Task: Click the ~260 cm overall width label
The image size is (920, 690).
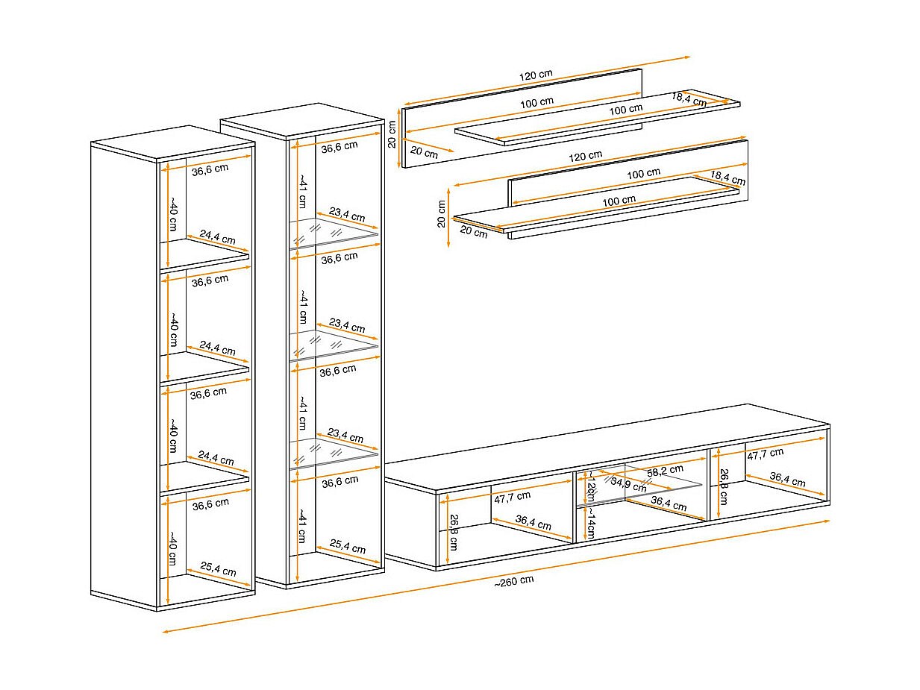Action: point(513,581)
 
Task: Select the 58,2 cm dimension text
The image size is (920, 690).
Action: point(665,469)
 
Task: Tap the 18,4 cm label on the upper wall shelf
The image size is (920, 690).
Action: point(689,98)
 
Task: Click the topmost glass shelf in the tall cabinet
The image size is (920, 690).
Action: point(336,232)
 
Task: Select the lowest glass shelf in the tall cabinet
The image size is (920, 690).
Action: point(336,453)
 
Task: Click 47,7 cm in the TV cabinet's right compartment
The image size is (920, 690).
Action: point(766,452)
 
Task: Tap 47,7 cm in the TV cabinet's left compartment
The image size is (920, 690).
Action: point(513,495)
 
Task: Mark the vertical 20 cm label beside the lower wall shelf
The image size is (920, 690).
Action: point(442,213)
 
